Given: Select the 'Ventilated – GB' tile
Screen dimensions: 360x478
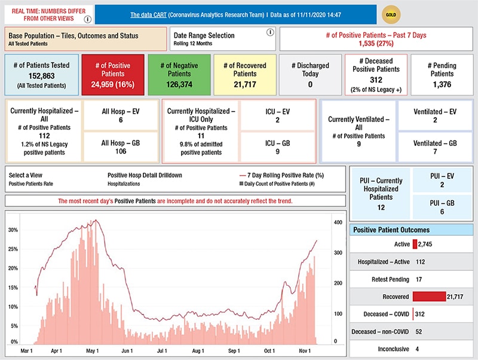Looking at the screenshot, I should click(435, 147).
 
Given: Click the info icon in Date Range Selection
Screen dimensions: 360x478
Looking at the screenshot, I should click(269, 32).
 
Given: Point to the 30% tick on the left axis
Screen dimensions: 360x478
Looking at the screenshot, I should click(13, 230).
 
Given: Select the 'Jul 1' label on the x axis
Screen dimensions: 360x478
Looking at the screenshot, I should click(162, 350).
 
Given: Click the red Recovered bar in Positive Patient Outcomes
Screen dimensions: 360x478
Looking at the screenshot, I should click(429, 297).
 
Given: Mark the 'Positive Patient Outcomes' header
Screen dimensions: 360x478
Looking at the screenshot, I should click(391, 230).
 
